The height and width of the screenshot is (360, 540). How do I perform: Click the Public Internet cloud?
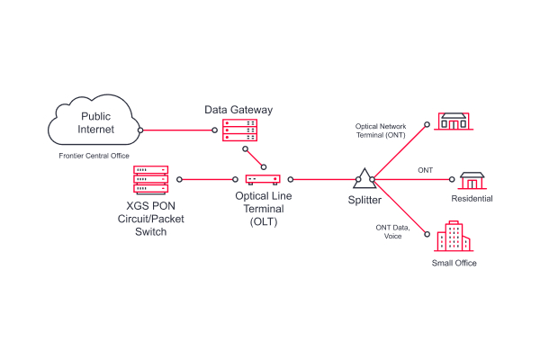(96, 124)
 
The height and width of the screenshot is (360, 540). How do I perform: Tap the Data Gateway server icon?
(238, 131)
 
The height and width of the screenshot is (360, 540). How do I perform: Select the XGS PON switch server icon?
(151, 179)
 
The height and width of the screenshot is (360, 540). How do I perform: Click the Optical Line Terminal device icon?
(263, 179)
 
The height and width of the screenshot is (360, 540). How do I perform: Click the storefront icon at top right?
(453, 121)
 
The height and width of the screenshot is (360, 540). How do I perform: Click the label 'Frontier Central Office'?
(95, 156)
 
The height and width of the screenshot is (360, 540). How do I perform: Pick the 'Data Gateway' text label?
(238, 110)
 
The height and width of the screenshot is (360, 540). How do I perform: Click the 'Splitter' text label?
(365, 199)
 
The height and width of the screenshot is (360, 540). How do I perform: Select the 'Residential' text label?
(472, 199)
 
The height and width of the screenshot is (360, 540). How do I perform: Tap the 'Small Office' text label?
(454, 263)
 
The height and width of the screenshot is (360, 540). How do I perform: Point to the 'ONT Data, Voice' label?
(393, 233)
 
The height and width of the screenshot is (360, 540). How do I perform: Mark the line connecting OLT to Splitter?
(324, 179)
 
